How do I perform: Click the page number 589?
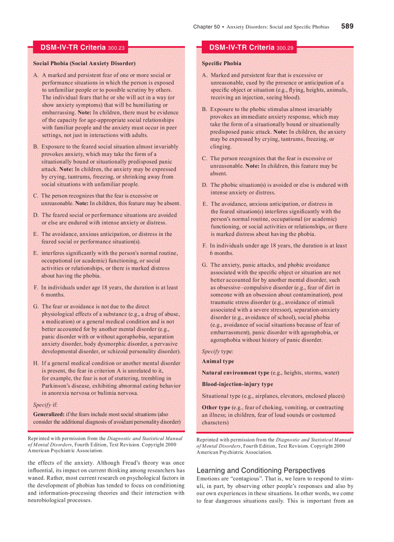point(347,27)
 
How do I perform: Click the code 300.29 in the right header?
point(285,48)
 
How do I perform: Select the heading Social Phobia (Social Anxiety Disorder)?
point(84,63)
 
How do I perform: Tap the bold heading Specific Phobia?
point(222,63)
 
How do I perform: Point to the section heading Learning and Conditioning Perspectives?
point(261,470)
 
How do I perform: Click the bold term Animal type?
point(218,361)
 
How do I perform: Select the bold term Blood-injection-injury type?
point(238,384)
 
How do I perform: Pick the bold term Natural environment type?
point(236,373)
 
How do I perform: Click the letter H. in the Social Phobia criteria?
point(36,363)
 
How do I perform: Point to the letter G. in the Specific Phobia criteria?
point(205,265)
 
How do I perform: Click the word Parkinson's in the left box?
point(60,386)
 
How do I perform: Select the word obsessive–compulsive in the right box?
point(243,287)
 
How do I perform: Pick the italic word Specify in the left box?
point(42,405)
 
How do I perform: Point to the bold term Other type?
point(216,407)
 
